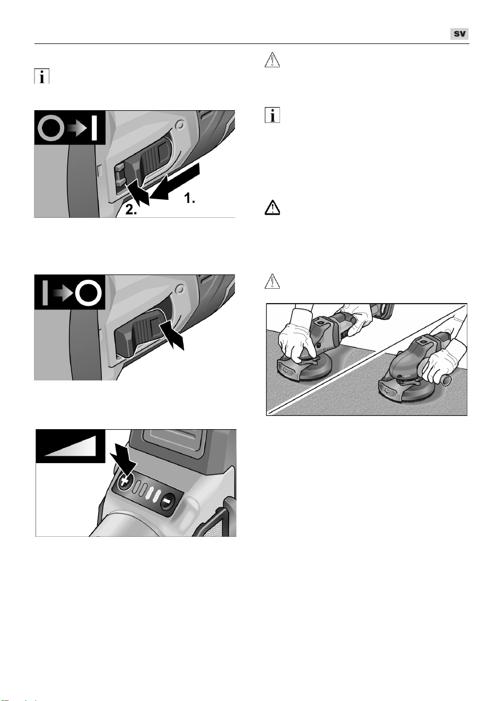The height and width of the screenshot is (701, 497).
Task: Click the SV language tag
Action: click(x=459, y=34)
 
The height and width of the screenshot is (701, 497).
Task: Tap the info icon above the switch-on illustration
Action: click(x=42, y=76)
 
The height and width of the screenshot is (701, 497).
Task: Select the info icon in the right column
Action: click(x=272, y=115)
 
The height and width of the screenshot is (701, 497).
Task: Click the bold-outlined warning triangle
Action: click(x=272, y=208)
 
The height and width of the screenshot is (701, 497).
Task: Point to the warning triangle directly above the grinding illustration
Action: click(x=272, y=281)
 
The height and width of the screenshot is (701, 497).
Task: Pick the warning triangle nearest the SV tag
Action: click(x=272, y=60)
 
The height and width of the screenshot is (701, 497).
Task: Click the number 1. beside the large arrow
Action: click(x=189, y=198)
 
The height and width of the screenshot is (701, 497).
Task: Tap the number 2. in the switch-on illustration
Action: click(x=131, y=210)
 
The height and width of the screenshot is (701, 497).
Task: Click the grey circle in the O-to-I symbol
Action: click(x=51, y=128)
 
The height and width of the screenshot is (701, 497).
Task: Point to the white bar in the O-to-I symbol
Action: click(x=94, y=128)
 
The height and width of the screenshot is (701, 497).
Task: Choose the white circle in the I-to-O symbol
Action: click(x=89, y=292)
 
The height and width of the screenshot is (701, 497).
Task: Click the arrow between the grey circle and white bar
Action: click(x=77, y=128)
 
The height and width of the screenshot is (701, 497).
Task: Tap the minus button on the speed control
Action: click(x=167, y=501)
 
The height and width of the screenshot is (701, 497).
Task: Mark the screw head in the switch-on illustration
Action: click(x=180, y=125)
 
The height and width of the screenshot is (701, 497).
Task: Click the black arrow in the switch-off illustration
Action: click(x=172, y=335)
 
